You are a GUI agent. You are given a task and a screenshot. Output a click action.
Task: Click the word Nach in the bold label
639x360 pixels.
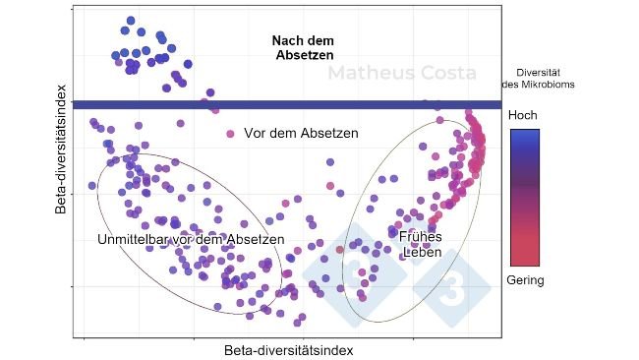[288, 40]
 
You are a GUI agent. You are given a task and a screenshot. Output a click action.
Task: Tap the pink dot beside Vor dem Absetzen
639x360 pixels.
[231, 133]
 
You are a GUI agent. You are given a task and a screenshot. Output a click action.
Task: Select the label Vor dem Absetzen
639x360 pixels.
[301, 133]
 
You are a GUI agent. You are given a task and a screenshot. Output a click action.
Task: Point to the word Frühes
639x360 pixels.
[420, 236]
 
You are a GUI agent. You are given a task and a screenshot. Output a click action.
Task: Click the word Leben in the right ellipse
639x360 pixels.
[421, 252]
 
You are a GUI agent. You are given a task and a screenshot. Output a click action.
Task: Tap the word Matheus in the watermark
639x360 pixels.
[370, 74]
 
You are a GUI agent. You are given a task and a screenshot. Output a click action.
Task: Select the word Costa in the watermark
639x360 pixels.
[447, 74]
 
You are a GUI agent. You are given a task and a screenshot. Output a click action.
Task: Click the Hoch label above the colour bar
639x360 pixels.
[523, 115]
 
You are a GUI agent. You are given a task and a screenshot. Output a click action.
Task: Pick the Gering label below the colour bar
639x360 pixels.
[525, 280]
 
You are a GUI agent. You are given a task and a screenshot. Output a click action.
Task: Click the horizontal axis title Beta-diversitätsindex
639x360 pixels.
[288, 349]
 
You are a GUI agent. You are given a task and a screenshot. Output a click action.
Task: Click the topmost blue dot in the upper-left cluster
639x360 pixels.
[131, 21]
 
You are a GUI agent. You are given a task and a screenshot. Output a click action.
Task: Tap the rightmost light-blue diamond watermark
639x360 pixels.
[451, 286]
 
